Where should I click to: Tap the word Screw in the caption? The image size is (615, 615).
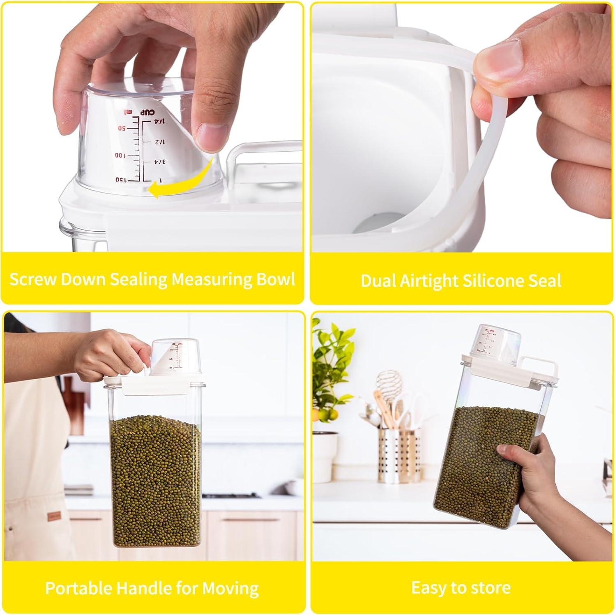[x=32, y=279]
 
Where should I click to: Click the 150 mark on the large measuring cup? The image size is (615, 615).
[x=122, y=180]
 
